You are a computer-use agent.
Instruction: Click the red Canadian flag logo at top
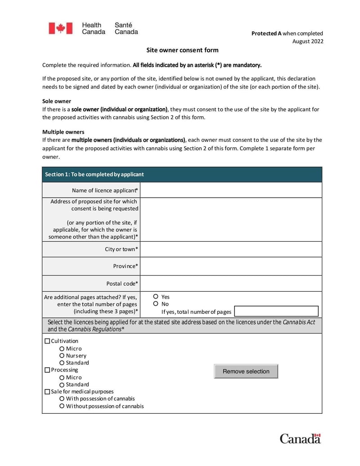click(60, 28)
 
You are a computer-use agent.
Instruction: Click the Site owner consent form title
click(182, 50)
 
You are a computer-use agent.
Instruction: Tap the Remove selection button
click(246, 371)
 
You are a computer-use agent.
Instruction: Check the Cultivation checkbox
click(47, 341)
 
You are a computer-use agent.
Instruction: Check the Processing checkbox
click(47, 370)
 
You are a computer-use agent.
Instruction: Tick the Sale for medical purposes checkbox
click(47, 392)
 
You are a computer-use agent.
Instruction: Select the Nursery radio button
click(62, 356)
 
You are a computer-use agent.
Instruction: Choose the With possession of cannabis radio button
click(62, 399)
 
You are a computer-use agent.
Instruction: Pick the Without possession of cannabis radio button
click(62, 406)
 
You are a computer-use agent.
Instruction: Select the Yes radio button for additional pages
click(156, 297)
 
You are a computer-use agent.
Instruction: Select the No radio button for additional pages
click(156, 304)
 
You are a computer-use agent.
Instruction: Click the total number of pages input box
click(276, 312)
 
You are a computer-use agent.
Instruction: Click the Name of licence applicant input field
click(231, 190)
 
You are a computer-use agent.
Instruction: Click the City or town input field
click(231, 249)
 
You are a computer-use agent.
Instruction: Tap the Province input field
click(231, 266)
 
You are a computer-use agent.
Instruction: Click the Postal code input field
click(231, 284)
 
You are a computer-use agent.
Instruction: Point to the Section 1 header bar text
click(94, 174)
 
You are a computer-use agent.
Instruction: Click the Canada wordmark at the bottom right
click(300, 439)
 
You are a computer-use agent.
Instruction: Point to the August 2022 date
click(308, 41)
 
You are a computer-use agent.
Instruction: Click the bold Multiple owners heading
click(63, 132)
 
